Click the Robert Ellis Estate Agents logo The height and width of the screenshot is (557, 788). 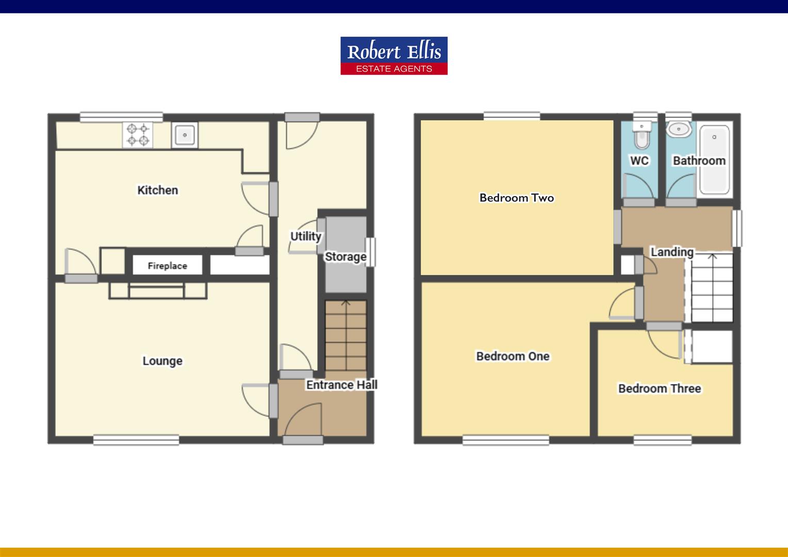(x=393, y=56)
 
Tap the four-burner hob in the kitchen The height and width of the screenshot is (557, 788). (x=138, y=134)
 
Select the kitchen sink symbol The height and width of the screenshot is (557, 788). (x=184, y=135)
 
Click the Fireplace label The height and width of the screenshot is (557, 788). (x=167, y=266)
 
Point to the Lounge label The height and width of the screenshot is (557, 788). (x=162, y=361)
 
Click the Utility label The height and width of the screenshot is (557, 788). (x=305, y=236)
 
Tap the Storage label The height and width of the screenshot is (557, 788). (x=346, y=257)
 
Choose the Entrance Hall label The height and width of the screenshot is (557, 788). (x=341, y=385)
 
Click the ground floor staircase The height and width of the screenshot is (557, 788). (x=346, y=335)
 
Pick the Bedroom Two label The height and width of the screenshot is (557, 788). (x=516, y=198)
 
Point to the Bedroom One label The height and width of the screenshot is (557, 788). (x=513, y=356)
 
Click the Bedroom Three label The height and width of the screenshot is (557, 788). (x=660, y=388)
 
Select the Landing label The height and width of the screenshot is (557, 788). (x=671, y=252)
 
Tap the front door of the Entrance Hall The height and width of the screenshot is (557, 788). (x=303, y=440)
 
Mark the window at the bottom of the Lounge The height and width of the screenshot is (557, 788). (x=136, y=440)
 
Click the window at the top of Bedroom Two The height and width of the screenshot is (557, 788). (x=512, y=116)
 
